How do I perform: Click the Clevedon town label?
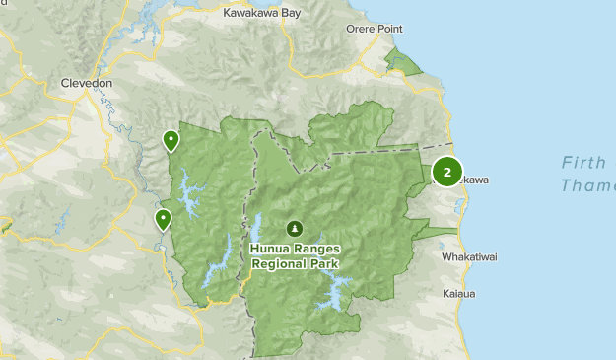click(88, 84)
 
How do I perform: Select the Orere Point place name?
click(374, 29)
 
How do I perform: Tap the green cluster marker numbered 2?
click(447, 173)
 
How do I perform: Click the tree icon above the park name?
click(293, 228)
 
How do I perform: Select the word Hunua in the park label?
click(270, 249)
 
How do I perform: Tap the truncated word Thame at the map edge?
click(588, 185)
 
